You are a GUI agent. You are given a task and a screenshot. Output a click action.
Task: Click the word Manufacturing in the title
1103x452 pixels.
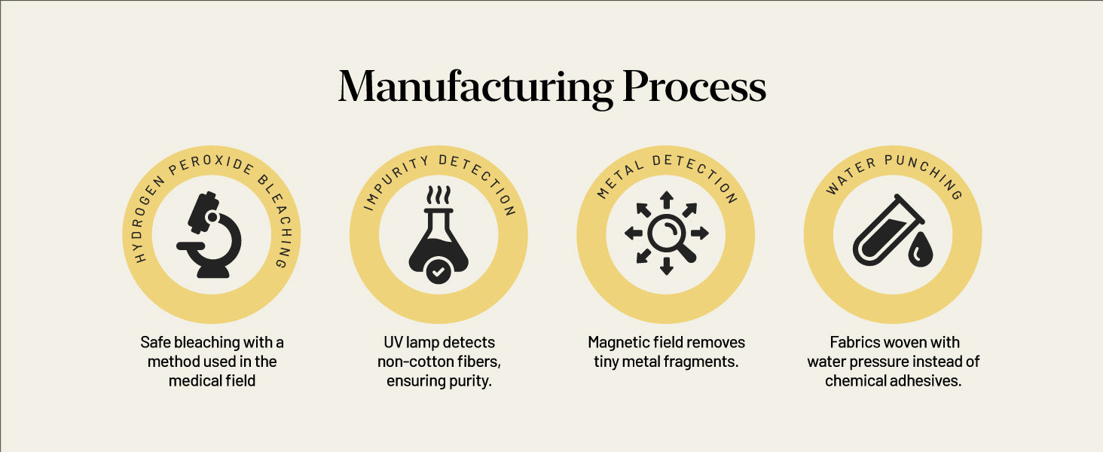(475, 87)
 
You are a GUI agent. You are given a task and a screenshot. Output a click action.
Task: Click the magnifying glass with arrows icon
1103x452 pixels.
(666, 233)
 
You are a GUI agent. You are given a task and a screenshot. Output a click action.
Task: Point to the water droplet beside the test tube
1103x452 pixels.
(920, 250)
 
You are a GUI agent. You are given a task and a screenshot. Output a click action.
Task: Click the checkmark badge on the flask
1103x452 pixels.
(438, 271)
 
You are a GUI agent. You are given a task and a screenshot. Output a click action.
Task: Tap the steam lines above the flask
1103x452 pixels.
(438, 194)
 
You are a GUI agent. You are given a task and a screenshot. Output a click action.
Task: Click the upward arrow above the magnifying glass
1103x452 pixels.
(666, 200)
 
